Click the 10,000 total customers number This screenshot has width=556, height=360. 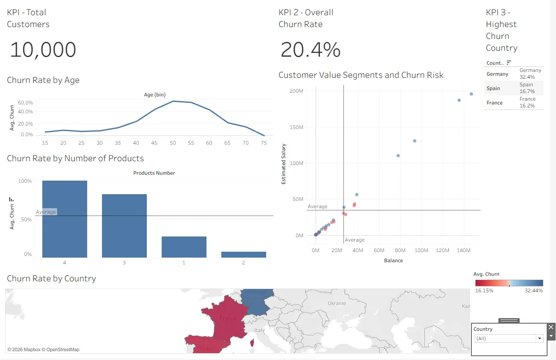(x=43, y=49)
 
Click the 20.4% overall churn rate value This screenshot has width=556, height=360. (x=310, y=49)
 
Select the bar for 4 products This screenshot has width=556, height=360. (x=65, y=219)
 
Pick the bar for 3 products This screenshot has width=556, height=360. (x=124, y=226)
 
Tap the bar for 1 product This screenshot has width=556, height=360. (x=184, y=247)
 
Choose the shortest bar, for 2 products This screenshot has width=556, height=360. (x=243, y=255)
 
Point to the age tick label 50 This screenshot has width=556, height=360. (x=173, y=143)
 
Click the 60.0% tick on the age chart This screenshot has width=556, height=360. (x=25, y=103)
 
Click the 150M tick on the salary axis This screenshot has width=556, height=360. (x=296, y=127)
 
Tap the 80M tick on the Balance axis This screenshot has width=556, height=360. (x=400, y=250)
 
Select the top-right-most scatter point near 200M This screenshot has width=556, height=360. (x=471, y=94)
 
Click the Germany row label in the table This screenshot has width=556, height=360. (x=497, y=74)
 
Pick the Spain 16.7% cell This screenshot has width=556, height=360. (x=527, y=88)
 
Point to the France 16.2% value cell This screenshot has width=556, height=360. (x=528, y=102)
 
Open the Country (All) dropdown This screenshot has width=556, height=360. (x=509, y=338)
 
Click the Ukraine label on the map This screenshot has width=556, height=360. (x=337, y=303)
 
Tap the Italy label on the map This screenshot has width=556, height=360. (x=259, y=330)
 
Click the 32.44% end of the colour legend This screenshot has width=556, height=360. (x=534, y=291)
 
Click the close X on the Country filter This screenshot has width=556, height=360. (x=551, y=327)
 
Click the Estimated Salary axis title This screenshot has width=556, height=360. (x=284, y=164)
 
